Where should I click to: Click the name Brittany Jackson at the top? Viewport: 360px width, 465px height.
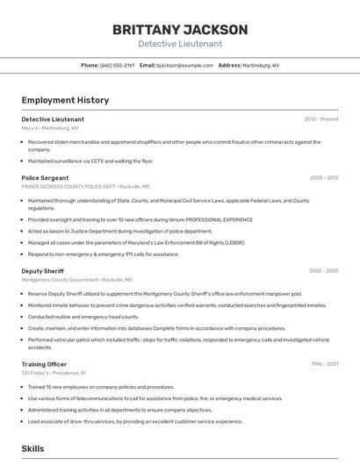[x=180, y=30]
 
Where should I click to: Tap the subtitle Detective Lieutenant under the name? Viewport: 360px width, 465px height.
[x=180, y=44]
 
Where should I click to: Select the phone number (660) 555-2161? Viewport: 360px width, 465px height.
[x=117, y=65]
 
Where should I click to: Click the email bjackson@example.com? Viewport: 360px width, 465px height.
[x=185, y=65]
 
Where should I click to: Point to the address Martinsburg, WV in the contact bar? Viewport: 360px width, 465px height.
[x=261, y=65]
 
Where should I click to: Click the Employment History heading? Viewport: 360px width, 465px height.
[x=65, y=100]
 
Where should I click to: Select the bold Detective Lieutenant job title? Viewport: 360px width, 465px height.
[x=53, y=119]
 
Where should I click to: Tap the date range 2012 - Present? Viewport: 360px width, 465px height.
[x=321, y=119]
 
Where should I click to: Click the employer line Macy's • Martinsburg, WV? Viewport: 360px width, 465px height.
[x=50, y=128]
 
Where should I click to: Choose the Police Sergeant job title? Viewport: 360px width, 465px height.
[x=46, y=178]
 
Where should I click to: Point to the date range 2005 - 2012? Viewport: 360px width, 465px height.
[x=324, y=178]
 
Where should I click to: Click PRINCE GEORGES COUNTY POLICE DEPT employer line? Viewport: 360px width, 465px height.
[x=85, y=187]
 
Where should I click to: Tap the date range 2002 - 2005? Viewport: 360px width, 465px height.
[x=324, y=271]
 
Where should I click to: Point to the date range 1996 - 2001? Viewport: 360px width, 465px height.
[x=325, y=364]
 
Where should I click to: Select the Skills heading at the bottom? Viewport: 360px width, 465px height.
[x=33, y=448]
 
